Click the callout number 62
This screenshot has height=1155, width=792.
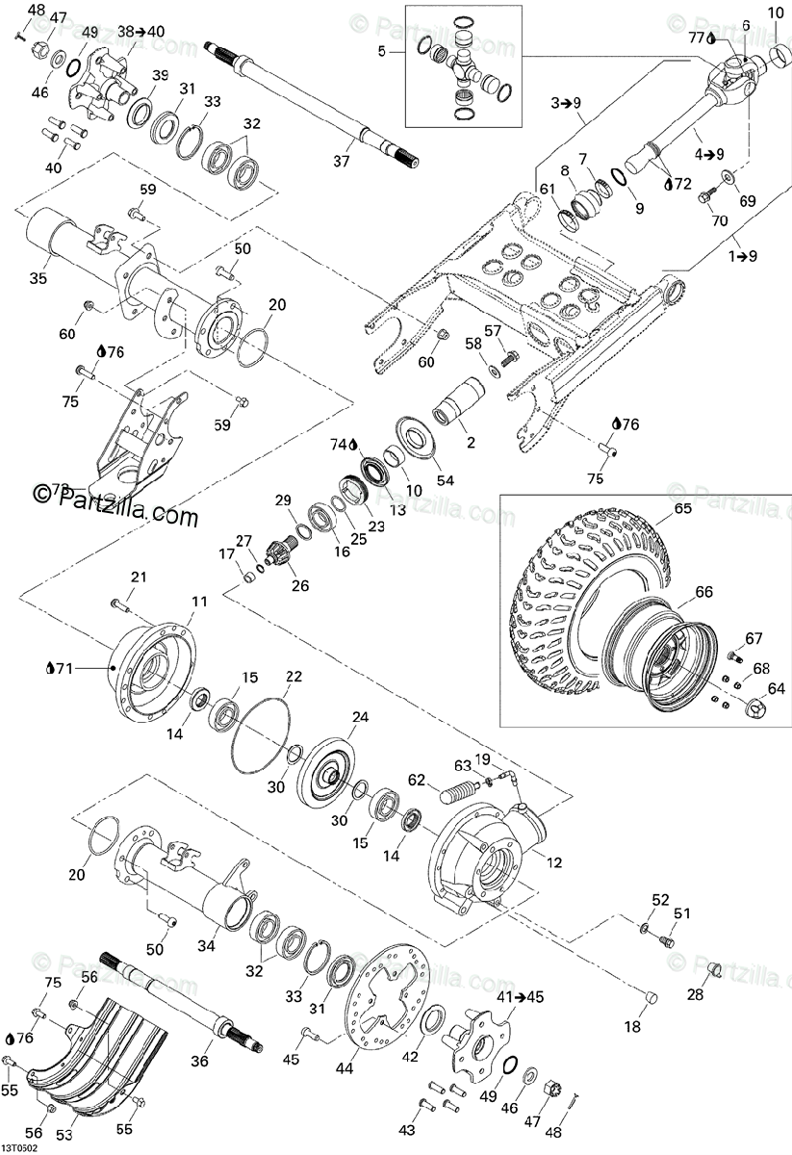[416, 781]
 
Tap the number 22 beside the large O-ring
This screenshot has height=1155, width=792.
[294, 677]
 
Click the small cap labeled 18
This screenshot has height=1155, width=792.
[650, 997]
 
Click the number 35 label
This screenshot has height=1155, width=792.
[38, 279]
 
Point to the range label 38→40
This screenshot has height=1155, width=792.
[141, 32]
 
